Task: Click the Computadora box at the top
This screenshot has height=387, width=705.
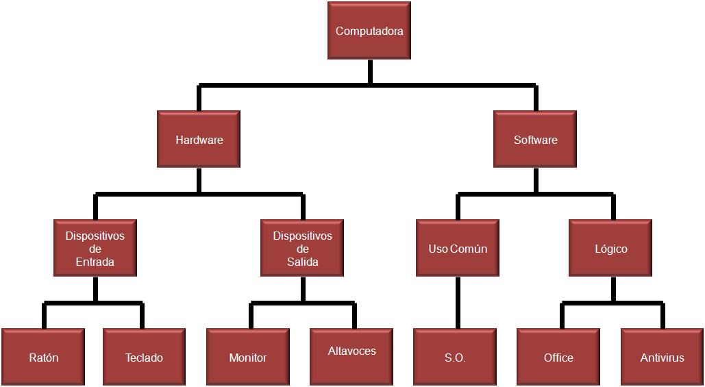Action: tap(369, 31)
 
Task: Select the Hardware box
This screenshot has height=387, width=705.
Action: tap(199, 140)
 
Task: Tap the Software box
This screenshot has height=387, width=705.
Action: tap(535, 140)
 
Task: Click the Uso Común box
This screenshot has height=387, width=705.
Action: tap(458, 249)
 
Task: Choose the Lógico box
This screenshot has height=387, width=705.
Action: tap(610, 249)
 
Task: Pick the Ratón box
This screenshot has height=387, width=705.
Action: tap(43, 358)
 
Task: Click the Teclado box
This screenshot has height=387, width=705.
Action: tap(144, 358)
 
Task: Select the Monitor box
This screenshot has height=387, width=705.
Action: tap(247, 358)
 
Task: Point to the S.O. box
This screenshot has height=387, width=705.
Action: tap(454, 358)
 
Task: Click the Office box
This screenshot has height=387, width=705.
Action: tap(558, 358)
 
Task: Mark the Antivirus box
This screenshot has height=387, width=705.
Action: tap(662, 358)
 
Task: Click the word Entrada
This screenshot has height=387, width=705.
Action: tap(95, 262)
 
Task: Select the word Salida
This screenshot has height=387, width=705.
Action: tap(302, 262)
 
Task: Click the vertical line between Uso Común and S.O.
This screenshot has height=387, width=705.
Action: tap(458, 302)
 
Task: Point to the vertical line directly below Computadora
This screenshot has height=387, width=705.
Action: tap(370, 71)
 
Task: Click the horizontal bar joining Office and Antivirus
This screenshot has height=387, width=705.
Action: tap(613, 303)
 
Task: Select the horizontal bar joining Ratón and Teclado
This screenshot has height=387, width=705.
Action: tap(93, 303)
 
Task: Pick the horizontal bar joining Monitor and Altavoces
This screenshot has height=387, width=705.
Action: tap(302, 303)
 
